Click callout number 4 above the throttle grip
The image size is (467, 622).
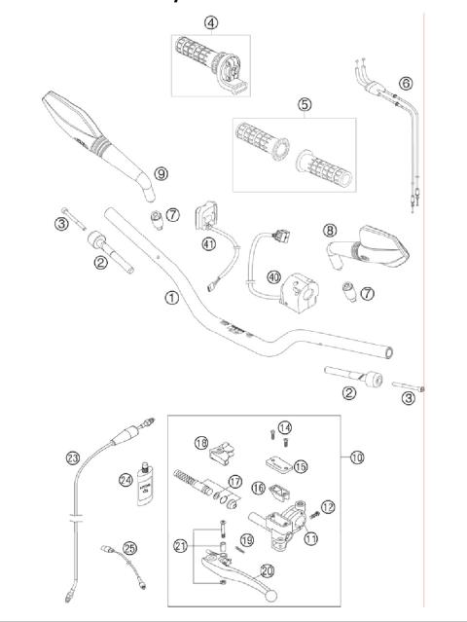pyautogui.click(x=211, y=22)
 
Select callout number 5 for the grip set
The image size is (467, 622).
pyautogui.click(x=305, y=104)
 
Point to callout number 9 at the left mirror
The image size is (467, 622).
pyautogui.click(x=161, y=173)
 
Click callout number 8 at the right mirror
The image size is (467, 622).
pyautogui.click(x=330, y=231)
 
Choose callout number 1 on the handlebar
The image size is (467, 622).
pyautogui.click(x=171, y=298)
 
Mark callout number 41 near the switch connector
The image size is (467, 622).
pyautogui.click(x=209, y=244)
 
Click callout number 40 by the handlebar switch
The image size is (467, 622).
pyautogui.click(x=273, y=277)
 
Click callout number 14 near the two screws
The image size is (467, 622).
pyautogui.click(x=284, y=427)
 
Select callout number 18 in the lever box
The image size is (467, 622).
pyautogui.click(x=201, y=443)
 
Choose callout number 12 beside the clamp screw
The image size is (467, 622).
pyautogui.click(x=327, y=506)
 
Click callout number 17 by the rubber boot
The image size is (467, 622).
pyautogui.click(x=234, y=481)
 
